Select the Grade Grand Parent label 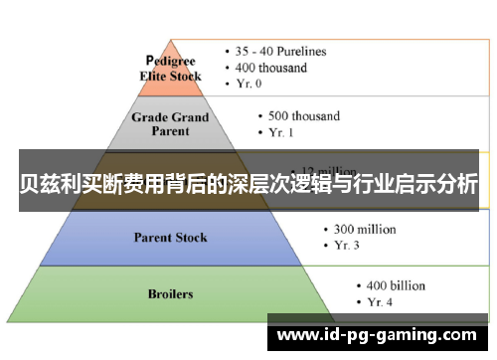[x=170, y=123]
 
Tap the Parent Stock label [x=169, y=237]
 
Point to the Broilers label [x=170, y=294]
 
